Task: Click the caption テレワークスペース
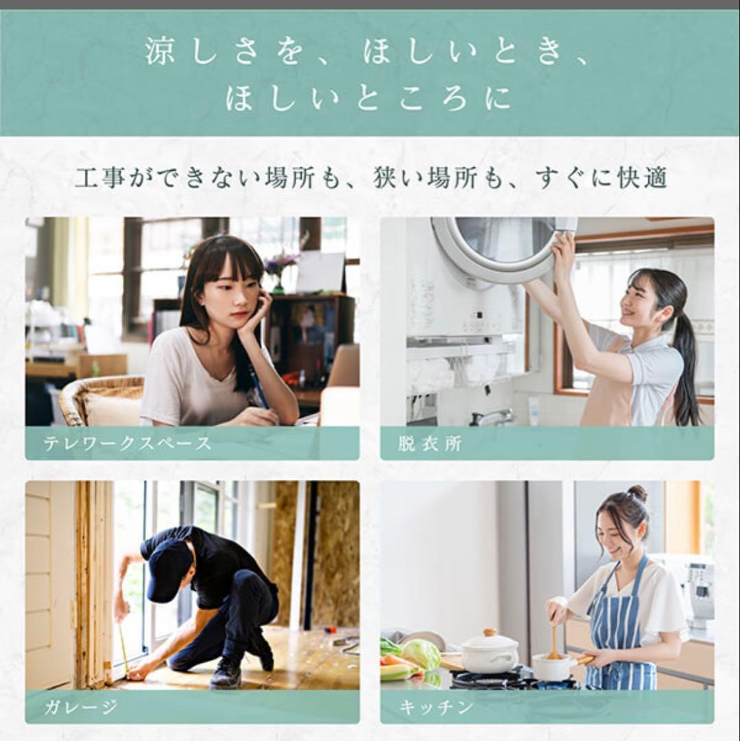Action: coord(127,443)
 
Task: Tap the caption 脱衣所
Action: coord(429,443)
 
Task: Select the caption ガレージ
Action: coord(80,707)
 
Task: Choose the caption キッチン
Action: coord(435,707)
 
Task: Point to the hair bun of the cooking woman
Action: coord(637,493)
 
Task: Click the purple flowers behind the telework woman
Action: coord(281,262)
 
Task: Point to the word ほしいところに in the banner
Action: coord(368,100)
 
